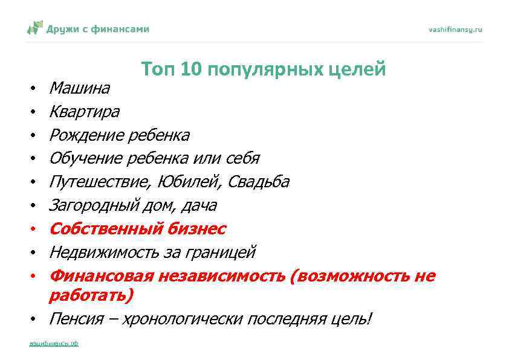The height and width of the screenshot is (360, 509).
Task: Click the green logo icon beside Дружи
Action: click(x=35, y=28)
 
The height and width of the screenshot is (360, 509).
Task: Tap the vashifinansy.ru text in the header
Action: click(x=455, y=29)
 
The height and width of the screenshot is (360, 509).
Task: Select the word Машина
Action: click(x=79, y=89)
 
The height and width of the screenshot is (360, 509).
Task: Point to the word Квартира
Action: click(x=84, y=112)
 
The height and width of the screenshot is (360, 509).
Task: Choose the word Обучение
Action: click(x=86, y=158)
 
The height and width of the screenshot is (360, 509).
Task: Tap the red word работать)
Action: click(x=91, y=295)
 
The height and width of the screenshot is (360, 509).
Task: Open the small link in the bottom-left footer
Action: click(x=54, y=344)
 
